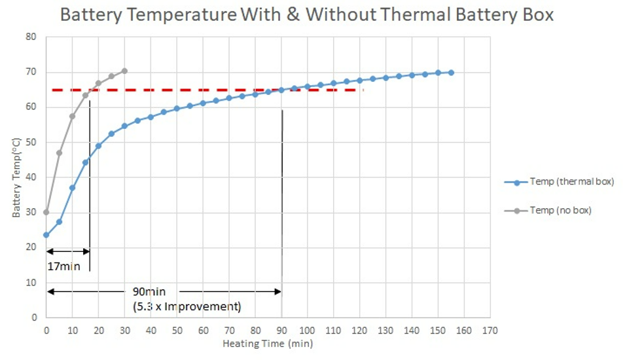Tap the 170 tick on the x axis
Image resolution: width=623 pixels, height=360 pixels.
tap(489, 330)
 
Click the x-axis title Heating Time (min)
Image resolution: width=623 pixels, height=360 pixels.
tap(267, 343)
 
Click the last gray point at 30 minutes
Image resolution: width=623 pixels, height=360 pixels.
tap(124, 71)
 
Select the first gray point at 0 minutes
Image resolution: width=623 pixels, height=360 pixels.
tap(46, 212)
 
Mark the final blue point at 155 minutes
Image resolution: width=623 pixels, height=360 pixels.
tap(451, 73)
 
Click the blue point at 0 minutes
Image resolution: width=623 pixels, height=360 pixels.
tap(46, 235)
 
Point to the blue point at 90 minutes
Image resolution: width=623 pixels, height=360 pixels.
tap(281, 90)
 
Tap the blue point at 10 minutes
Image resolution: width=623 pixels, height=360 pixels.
tap(72, 188)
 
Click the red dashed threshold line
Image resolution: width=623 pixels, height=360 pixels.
tap(196, 90)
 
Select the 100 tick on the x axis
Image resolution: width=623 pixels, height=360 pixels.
tap(307, 330)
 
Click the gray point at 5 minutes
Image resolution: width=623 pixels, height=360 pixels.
tap(59, 153)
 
